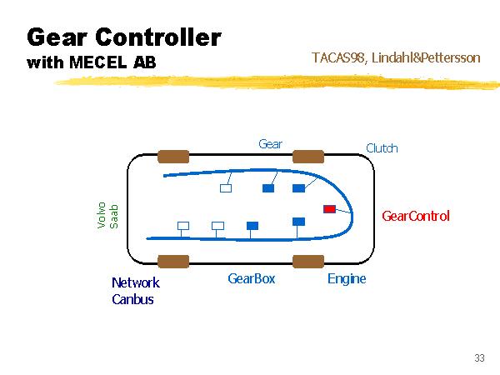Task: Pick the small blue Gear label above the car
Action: pyautogui.click(x=270, y=143)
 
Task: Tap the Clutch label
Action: pyautogui.click(x=382, y=148)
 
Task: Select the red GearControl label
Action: pyautogui.click(x=415, y=216)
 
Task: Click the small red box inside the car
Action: pyautogui.click(x=329, y=207)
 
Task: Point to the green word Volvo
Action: pyautogui.click(x=102, y=214)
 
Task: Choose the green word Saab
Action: pyautogui.click(x=115, y=214)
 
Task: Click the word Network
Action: pyautogui.click(x=135, y=282)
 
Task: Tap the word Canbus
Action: pyautogui.click(x=132, y=299)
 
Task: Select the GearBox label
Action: pyautogui.click(x=251, y=278)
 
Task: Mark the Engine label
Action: pyautogui.click(x=347, y=278)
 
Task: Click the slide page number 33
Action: pyautogui.click(x=479, y=357)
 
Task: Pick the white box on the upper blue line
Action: pyautogui.click(x=225, y=187)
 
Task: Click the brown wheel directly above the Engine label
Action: pyautogui.click(x=307, y=261)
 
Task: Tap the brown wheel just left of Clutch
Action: pyautogui.click(x=307, y=156)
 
